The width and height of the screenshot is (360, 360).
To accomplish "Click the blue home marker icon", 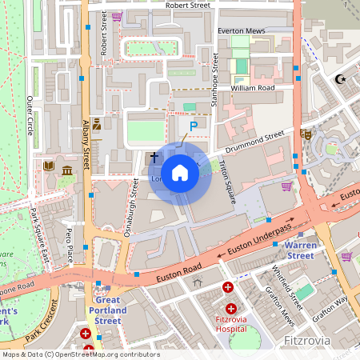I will point(180,172).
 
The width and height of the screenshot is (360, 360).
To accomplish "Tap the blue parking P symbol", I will point(193,126).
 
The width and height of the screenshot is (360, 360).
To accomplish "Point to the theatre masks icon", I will point(306,135).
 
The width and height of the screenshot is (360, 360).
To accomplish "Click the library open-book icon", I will point(50,166).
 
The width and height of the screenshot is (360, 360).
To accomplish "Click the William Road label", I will point(252,87).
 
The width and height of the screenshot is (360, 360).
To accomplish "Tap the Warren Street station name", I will point(301,250).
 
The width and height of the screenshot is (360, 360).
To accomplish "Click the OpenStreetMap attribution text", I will point(80,354).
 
